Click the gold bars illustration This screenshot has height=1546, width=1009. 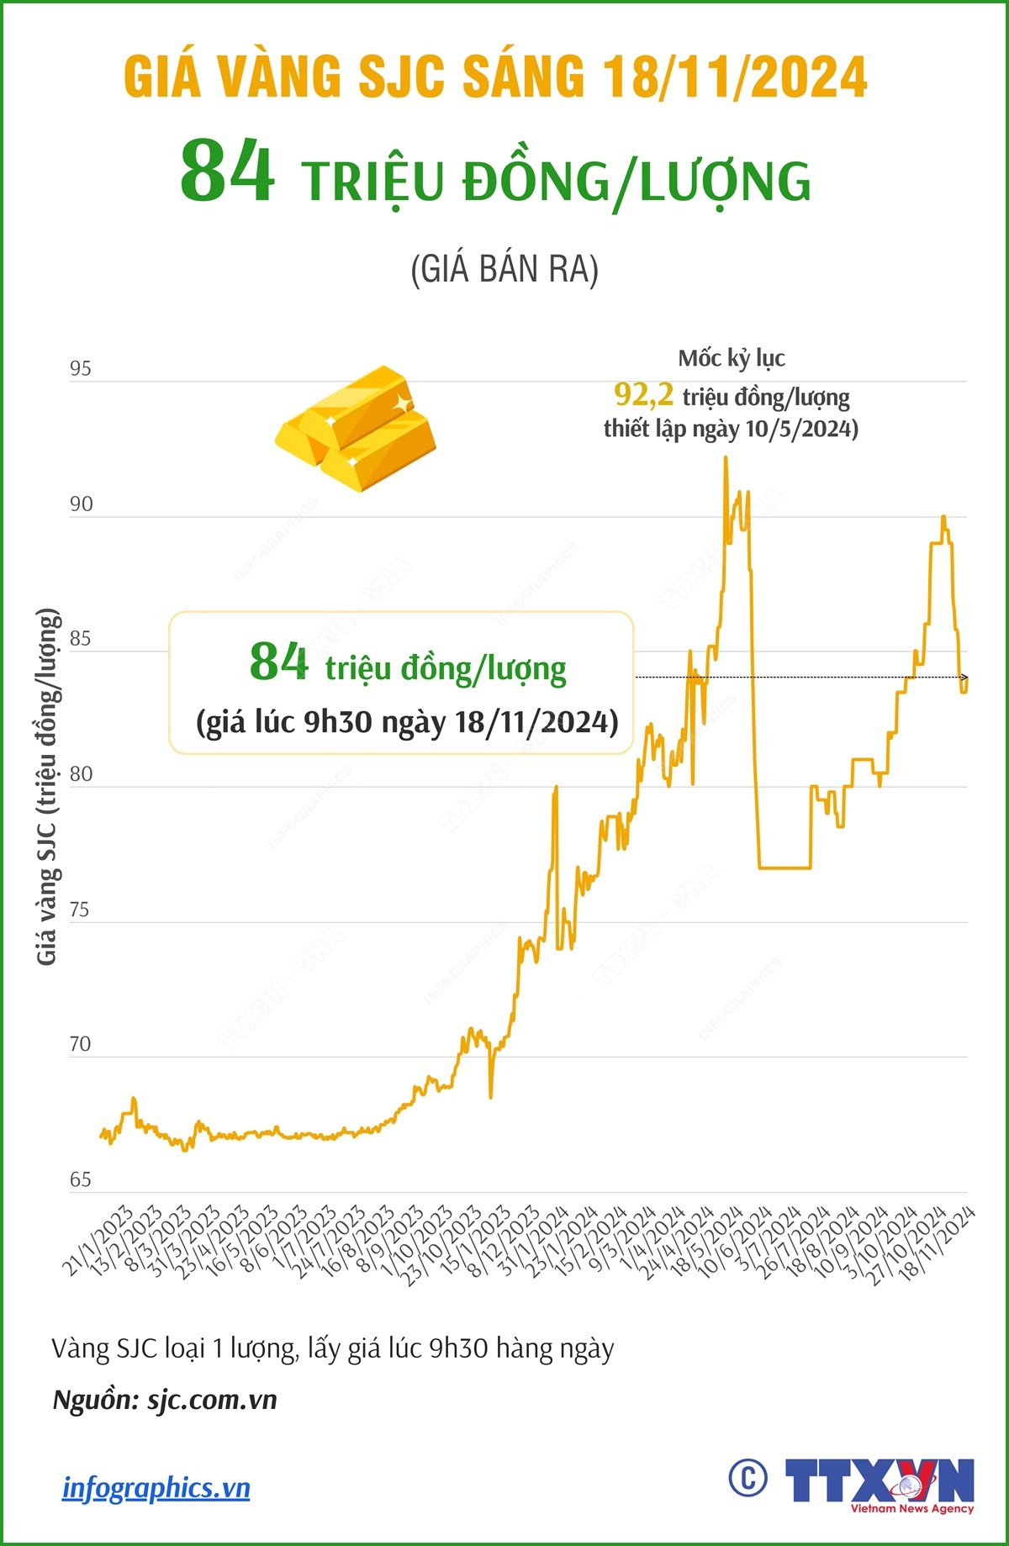pyautogui.click(x=356, y=428)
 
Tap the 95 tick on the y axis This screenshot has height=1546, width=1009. pyautogui.click(x=81, y=369)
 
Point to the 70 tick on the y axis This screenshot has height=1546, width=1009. pyautogui.click(x=81, y=1044)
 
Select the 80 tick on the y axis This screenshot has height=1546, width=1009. pyautogui.click(x=81, y=774)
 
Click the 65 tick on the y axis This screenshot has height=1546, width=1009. pyautogui.click(x=81, y=1179)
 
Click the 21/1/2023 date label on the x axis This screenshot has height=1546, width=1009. pyautogui.click(x=98, y=1241)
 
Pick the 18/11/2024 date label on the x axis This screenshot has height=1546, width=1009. pyautogui.click(x=937, y=1243)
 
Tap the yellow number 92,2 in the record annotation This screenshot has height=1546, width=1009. pyautogui.click(x=643, y=393)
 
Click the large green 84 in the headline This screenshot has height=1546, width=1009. pyautogui.click(x=227, y=172)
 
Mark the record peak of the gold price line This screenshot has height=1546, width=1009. pyautogui.click(x=726, y=458)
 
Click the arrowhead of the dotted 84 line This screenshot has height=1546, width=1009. pyautogui.click(x=964, y=677)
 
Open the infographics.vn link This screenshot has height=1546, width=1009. pyautogui.click(x=156, y=1488)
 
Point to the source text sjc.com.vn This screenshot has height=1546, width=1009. pyautogui.click(x=212, y=1401)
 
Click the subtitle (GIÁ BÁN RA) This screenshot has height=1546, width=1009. pyautogui.click(x=504, y=270)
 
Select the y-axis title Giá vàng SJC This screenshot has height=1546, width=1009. pyautogui.click(x=48, y=786)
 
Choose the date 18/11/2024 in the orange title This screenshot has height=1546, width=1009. pyautogui.click(x=735, y=77)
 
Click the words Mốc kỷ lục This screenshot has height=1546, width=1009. pyautogui.click(x=732, y=359)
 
